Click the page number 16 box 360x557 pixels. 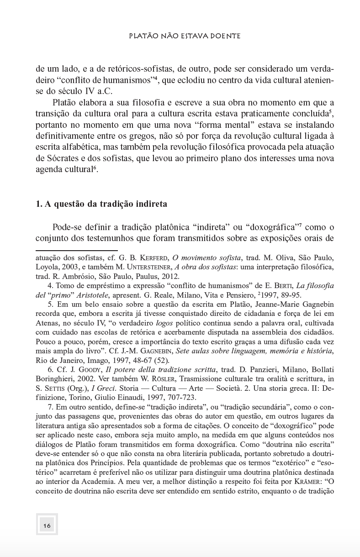pyautogui.click(x=47, y=525)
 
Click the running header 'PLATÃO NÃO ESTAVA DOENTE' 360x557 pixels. pyautogui.click(x=185, y=35)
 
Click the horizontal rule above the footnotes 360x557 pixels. pyautogui.click(x=77, y=250)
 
